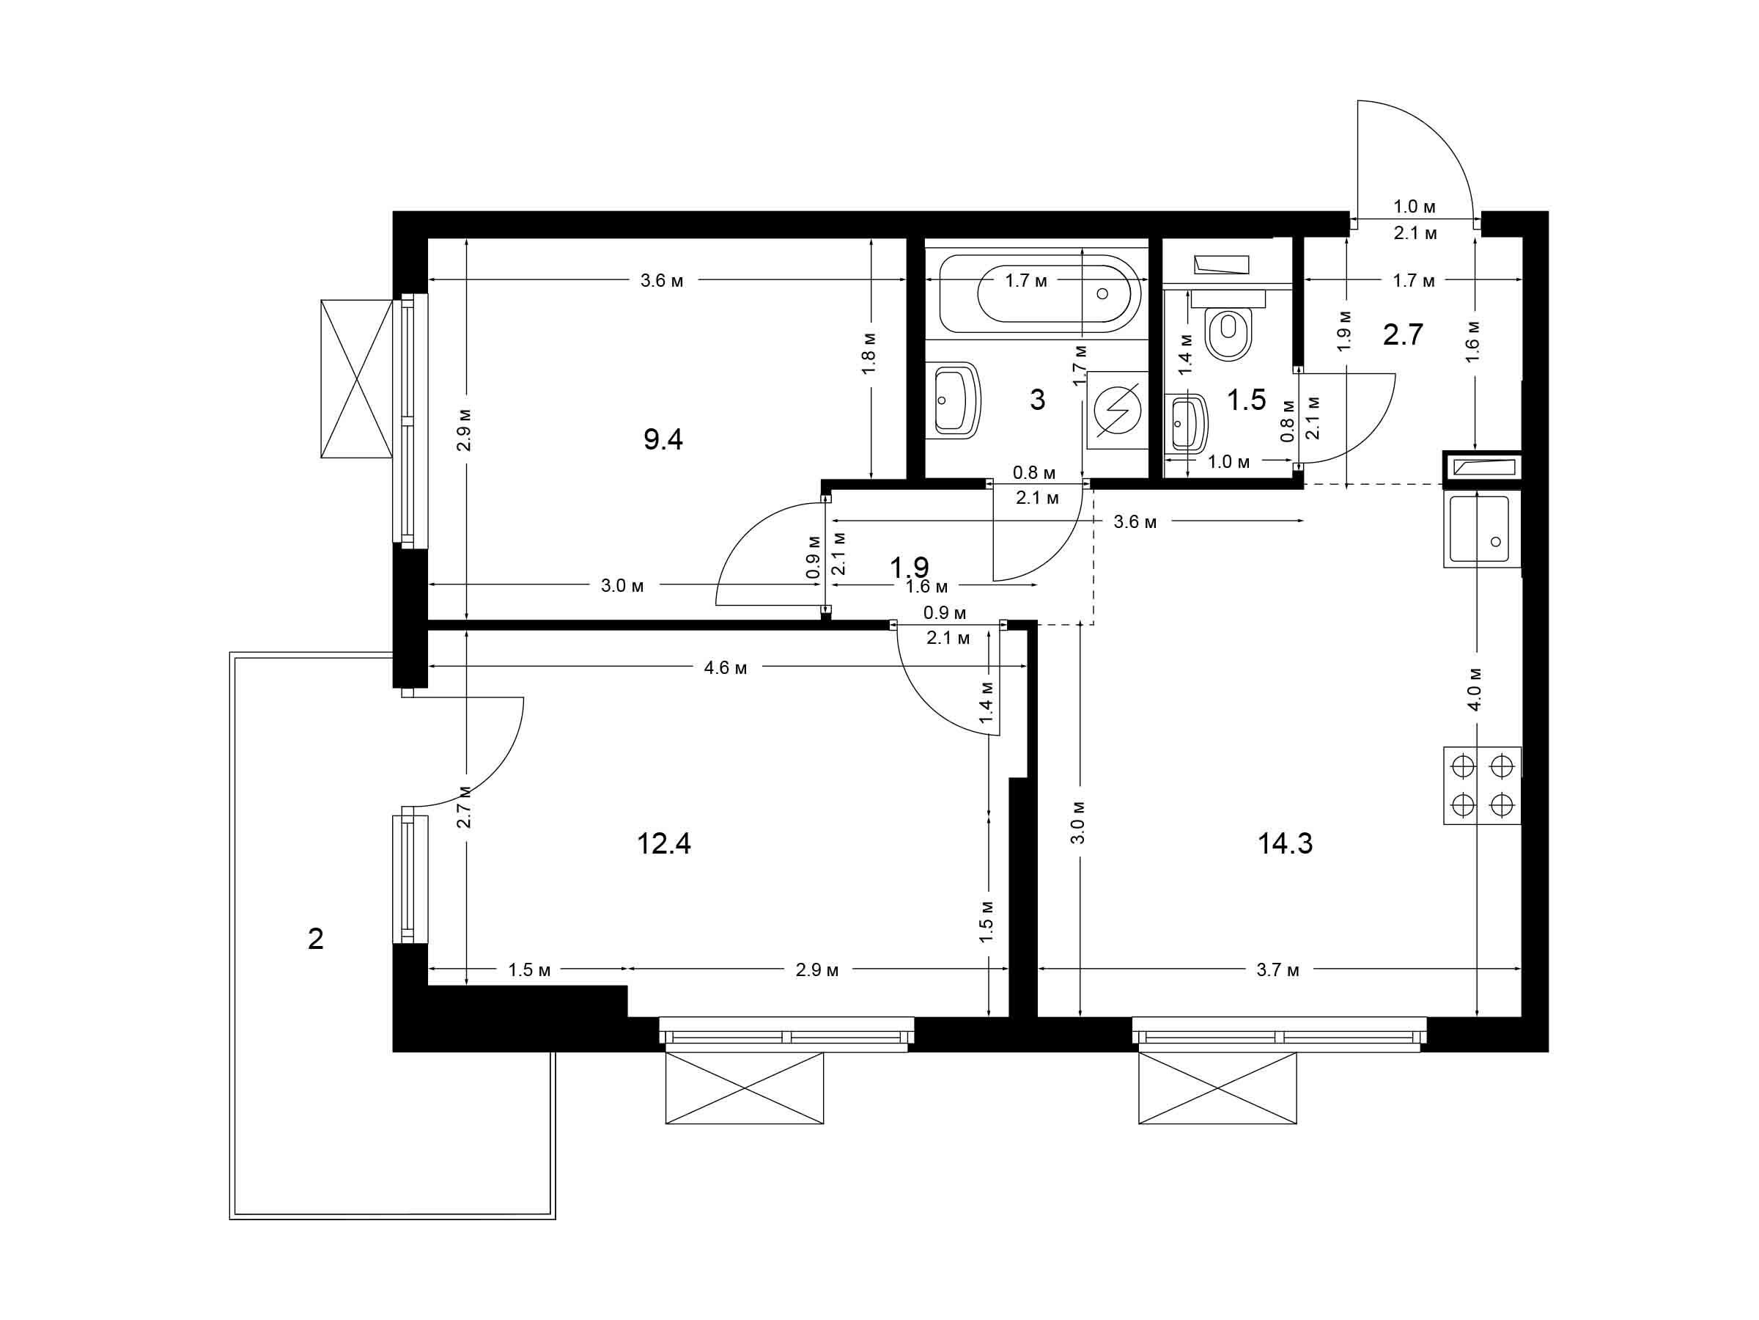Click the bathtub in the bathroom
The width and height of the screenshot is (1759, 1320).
tap(1040, 293)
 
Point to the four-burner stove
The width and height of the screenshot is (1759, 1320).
tap(1482, 785)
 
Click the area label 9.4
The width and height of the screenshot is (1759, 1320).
tap(663, 439)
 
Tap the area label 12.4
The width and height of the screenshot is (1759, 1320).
tap(664, 843)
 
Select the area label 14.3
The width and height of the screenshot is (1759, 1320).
tap(1285, 843)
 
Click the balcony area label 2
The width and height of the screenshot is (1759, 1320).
tap(316, 939)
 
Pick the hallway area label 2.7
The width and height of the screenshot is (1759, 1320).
tap(1403, 335)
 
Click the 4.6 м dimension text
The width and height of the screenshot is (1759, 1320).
tap(726, 667)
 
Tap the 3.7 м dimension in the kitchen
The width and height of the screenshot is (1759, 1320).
tap(1278, 970)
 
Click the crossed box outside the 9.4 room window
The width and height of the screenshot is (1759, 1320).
tap(357, 378)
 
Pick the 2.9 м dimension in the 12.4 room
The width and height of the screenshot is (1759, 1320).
tap(817, 970)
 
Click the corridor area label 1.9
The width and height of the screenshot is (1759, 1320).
tap(909, 568)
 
